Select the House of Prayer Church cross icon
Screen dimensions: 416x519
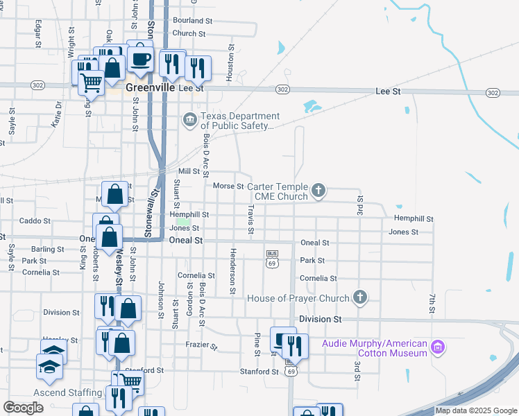tap(359, 298)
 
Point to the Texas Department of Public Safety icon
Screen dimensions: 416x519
tap(189, 121)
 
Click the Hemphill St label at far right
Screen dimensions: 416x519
tap(414, 218)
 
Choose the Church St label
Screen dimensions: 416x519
tap(189, 33)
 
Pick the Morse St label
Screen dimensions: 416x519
tap(228, 186)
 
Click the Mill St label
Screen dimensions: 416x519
tap(189, 171)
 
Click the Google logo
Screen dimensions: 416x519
tap(24, 408)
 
